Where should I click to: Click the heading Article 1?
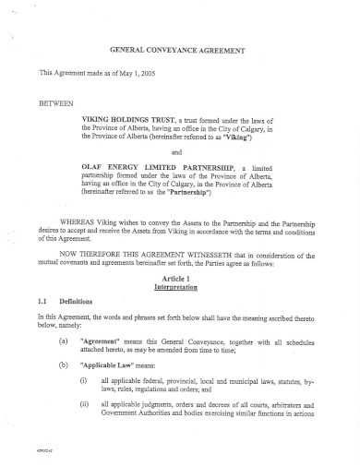coord(174,278)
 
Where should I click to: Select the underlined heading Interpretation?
coord(174,287)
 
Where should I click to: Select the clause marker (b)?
coord(62,365)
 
